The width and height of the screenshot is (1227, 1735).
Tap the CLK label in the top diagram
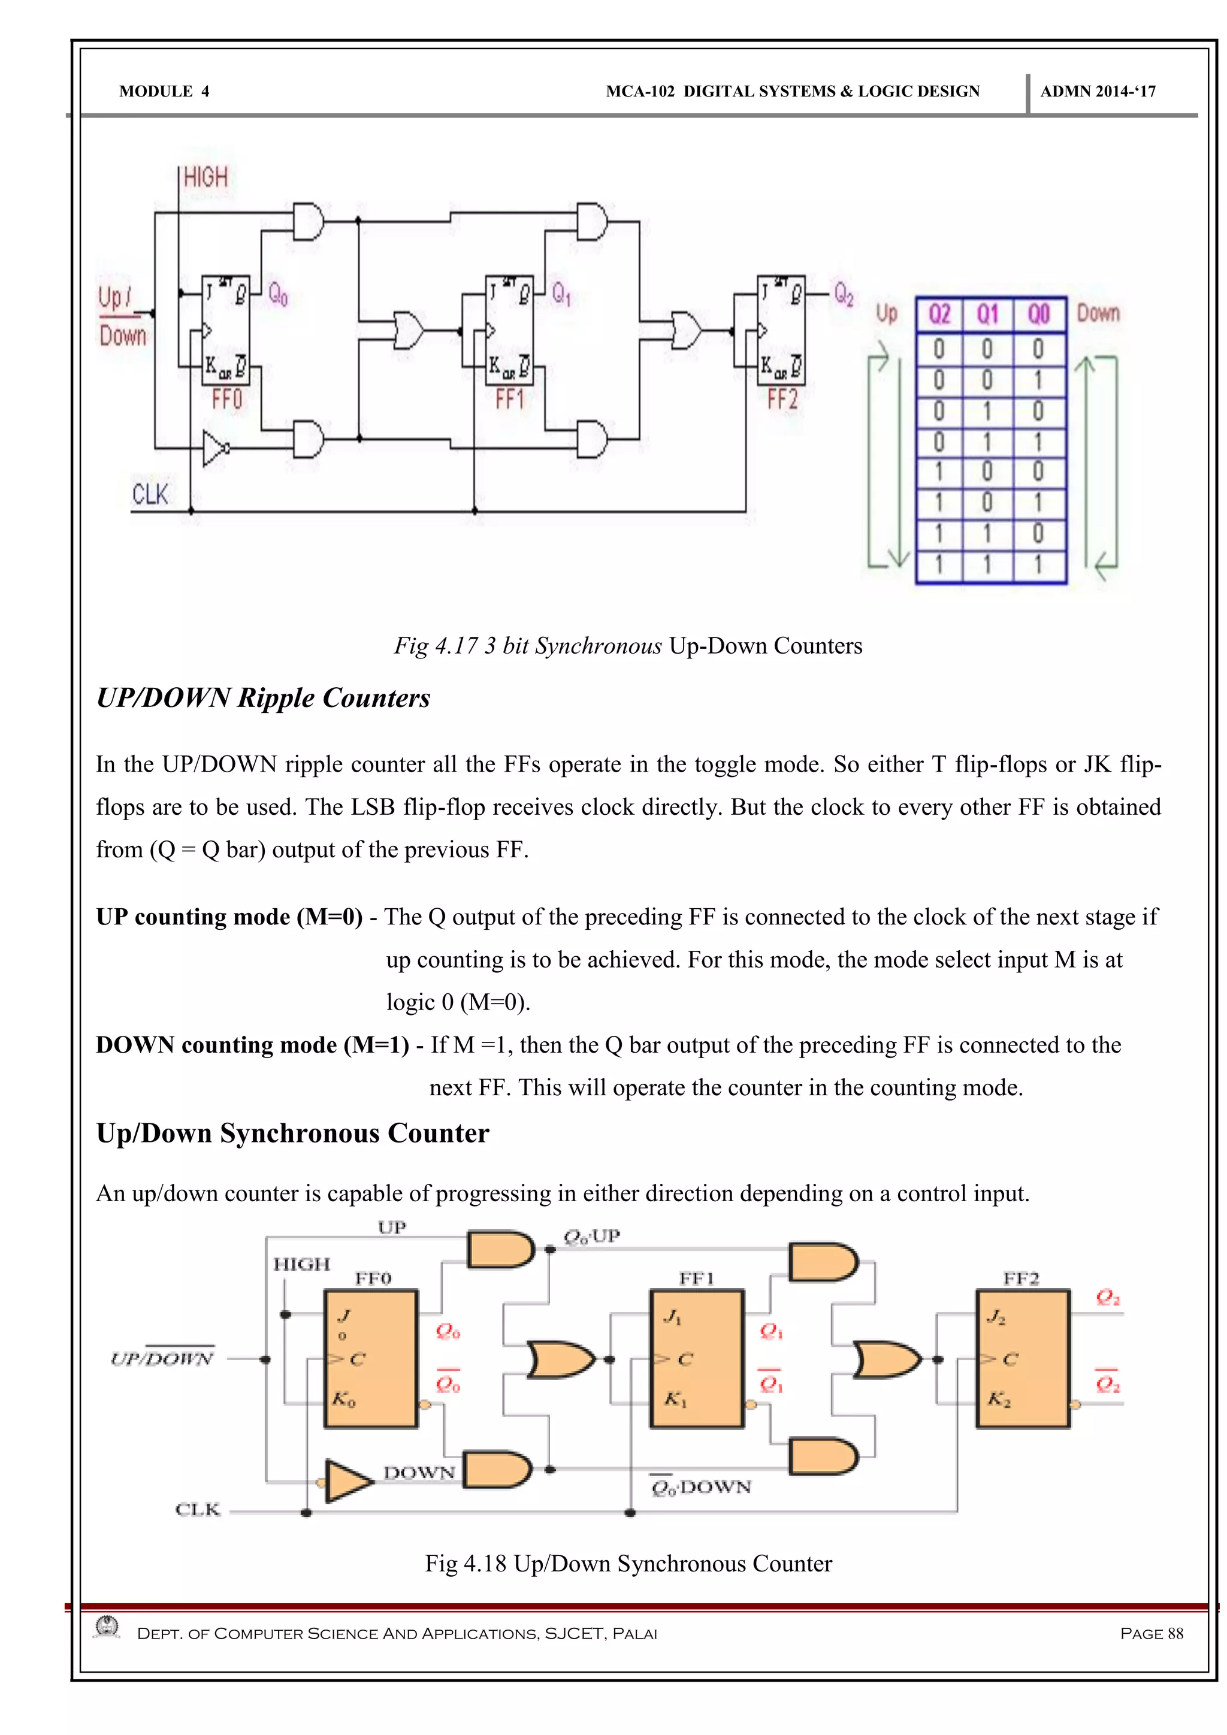point(150,495)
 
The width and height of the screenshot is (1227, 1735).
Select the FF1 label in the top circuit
point(509,399)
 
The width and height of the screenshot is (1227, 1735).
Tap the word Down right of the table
point(1098,313)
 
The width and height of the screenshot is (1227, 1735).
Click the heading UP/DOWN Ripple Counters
point(263,698)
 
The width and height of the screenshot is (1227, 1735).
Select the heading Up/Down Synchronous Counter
point(292,1134)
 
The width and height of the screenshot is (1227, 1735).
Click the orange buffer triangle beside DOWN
point(347,1480)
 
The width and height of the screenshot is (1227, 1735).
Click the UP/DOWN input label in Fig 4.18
point(162,1359)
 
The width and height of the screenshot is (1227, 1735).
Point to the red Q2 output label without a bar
point(1108,1298)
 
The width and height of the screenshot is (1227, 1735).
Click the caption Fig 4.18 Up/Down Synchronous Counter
point(628,1564)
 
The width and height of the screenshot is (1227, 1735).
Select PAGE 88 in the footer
point(1151,1634)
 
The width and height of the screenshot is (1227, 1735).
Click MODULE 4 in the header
point(164,92)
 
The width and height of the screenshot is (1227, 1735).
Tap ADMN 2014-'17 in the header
point(1097,92)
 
